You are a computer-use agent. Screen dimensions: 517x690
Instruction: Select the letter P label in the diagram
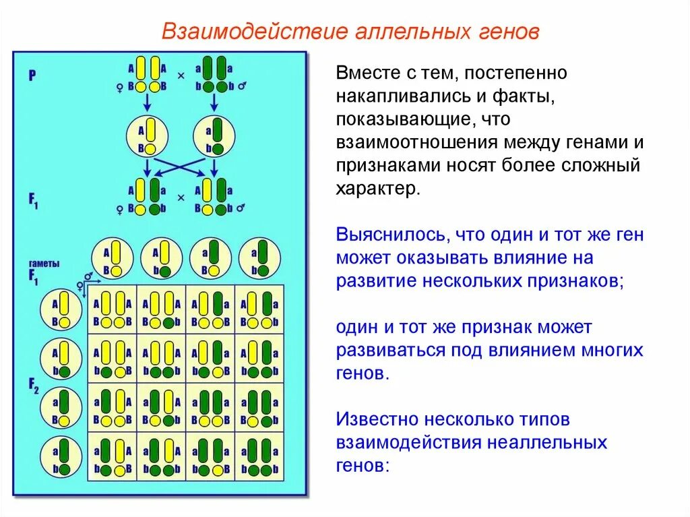click(32, 75)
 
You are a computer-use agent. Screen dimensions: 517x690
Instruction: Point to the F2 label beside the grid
click(34, 386)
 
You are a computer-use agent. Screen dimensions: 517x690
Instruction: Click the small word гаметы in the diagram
click(42, 264)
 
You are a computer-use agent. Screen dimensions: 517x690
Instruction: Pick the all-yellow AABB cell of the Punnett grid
click(113, 309)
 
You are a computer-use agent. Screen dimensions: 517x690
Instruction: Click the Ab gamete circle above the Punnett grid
click(162, 259)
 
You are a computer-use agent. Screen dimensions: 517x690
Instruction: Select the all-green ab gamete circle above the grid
click(259, 259)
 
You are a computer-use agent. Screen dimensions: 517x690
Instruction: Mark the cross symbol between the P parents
click(181, 76)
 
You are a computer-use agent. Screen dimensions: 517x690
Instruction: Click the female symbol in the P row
click(120, 87)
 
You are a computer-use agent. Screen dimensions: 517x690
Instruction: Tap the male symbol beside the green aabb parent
click(241, 87)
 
